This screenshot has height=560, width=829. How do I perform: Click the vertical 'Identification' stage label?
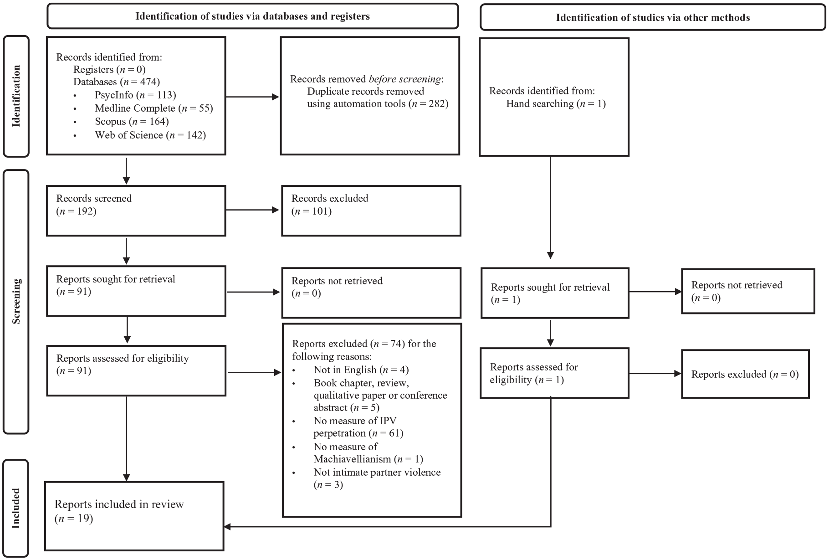16,96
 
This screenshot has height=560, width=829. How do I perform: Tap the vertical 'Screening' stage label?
16,301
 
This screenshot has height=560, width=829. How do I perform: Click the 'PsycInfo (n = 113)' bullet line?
135,95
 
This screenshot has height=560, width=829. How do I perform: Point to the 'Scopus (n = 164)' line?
132,121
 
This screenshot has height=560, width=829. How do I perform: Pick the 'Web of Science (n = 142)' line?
150,135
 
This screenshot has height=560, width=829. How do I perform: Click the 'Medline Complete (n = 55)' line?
154,108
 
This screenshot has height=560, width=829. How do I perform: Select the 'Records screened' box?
136,211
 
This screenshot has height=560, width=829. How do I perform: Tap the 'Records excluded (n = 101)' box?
371,211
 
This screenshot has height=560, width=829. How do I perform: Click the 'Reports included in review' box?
134,516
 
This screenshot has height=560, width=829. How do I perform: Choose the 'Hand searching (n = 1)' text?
556,103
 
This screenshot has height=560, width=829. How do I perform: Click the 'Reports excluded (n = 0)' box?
745,374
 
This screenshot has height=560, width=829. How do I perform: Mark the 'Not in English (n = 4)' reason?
361,370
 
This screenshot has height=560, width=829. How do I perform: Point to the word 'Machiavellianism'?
352,459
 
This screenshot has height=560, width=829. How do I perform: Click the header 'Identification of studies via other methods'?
653,18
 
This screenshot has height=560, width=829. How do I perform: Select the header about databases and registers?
253,16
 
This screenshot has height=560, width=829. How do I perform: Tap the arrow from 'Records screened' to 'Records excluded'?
252,210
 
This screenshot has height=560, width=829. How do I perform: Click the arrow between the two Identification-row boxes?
252,97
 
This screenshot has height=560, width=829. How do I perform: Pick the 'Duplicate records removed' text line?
366,91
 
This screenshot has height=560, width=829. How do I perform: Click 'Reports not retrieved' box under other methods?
748,291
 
